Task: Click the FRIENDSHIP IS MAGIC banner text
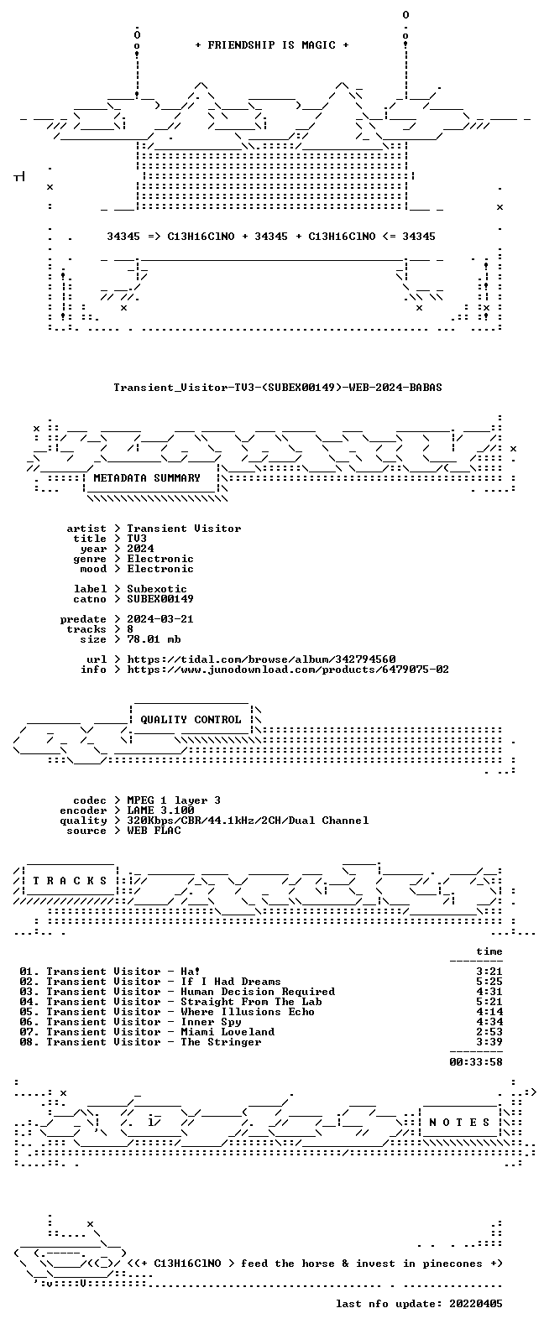tap(272, 45)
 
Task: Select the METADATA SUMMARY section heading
tap(147, 477)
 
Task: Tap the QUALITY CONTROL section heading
tap(191, 720)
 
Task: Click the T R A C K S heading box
tap(70, 880)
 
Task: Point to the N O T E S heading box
tap(459, 1122)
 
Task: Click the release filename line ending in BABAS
tap(277, 388)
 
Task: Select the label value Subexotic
tap(157, 588)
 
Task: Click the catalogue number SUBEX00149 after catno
tap(160, 599)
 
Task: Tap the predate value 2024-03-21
tap(160, 619)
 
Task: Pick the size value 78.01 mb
tap(154, 639)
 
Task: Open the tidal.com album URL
tap(261, 659)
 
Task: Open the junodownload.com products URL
tap(288, 670)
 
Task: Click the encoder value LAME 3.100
tap(160, 810)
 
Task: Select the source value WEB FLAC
tap(154, 831)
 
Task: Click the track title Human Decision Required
tap(258, 992)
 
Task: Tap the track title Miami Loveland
tap(228, 1032)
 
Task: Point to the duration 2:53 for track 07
tap(489, 1032)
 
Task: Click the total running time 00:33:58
tap(476, 1062)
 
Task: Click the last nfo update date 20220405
tap(476, 1304)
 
